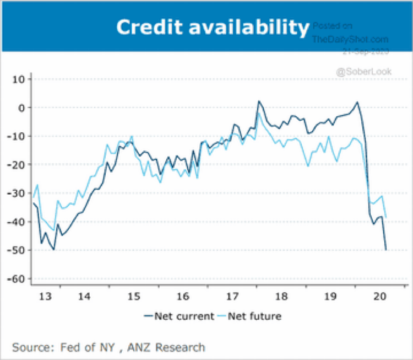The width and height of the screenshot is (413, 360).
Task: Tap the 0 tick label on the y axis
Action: pyautogui.click(x=22, y=108)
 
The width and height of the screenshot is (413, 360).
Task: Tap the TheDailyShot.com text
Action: pyautogui.click(x=350, y=39)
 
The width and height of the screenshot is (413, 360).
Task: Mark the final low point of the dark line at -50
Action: pyautogui.click(x=386, y=250)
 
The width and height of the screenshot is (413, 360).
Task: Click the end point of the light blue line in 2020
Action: pyautogui.click(x=386, y=217)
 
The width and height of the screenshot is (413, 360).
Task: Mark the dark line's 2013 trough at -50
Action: pyautogui.click(x=54, y=250)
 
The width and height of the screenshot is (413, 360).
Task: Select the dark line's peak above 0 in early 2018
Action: pyautogui.click(x=259, y=101)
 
